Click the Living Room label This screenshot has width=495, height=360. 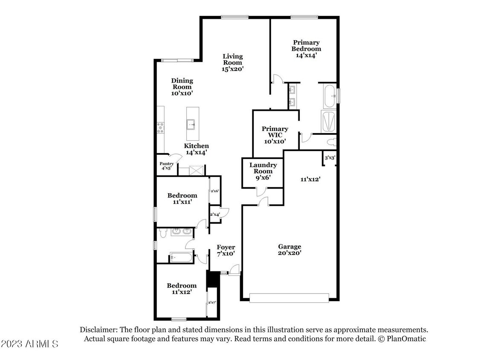233,62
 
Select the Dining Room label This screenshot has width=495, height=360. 182,87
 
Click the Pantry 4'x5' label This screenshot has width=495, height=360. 166,166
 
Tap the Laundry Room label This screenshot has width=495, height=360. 263,171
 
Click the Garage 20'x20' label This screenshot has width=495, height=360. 289,250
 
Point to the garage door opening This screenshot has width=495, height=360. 289,297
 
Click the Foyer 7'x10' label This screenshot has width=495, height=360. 226,250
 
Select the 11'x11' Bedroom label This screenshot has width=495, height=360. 182,199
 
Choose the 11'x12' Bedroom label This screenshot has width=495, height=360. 182,289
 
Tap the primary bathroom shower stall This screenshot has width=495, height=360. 328,121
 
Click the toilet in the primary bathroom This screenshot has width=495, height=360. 331,142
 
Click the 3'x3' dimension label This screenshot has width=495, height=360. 330,158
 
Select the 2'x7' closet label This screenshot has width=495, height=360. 212,303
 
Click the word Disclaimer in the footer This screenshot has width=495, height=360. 98,330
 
